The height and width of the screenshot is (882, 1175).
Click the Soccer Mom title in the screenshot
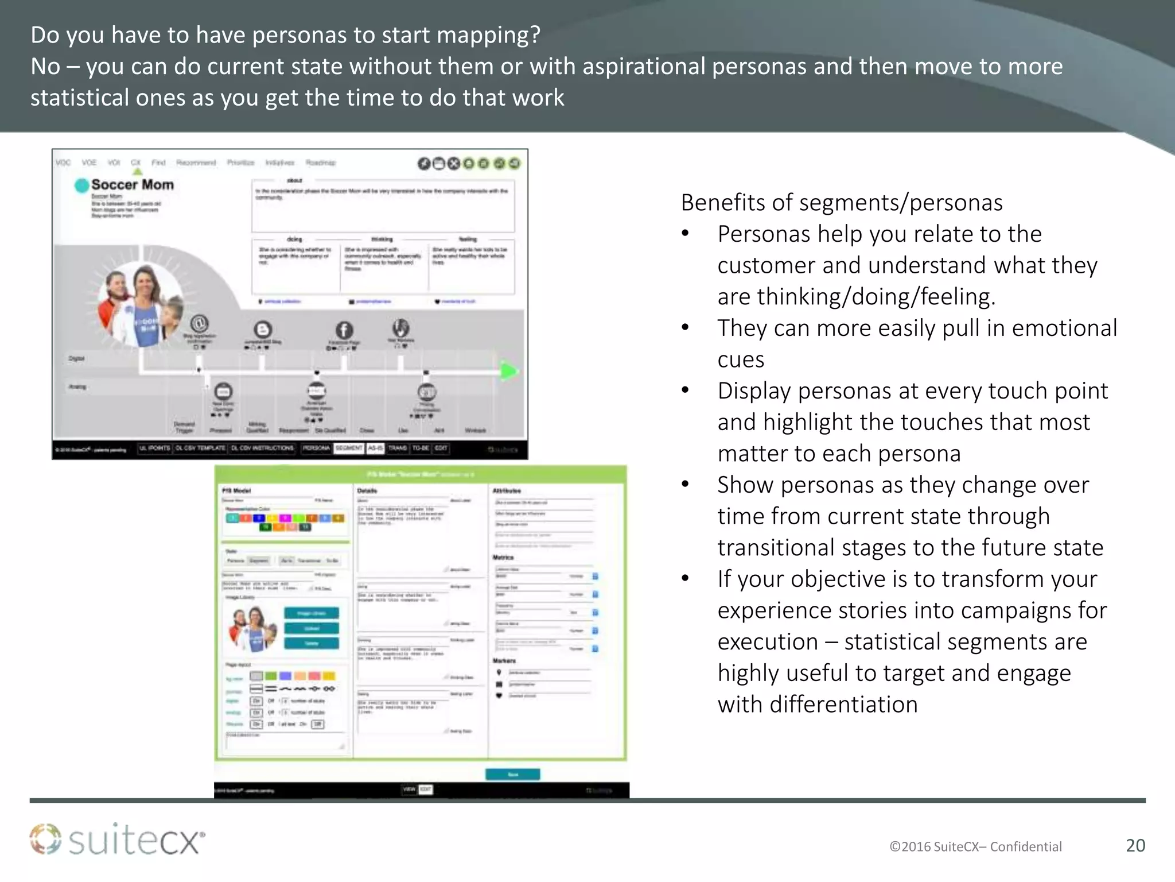click(x=132, y=184)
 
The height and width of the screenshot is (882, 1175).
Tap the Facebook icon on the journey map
click(x=344, y=330)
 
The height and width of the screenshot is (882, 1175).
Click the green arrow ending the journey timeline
click(x=508, y=371)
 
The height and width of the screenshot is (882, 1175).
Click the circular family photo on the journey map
click(x=141, y=304)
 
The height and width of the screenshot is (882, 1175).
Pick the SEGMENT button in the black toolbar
click(x=349, y=448)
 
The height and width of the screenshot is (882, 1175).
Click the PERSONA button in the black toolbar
click(x=316, y=448)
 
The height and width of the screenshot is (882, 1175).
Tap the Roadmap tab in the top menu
click(x=320, y=163)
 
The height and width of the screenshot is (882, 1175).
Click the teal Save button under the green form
click(x=512, y=774)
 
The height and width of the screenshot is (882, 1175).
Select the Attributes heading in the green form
click(x=507, y=491)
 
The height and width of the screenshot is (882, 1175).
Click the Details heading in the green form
click(x=367, y=491)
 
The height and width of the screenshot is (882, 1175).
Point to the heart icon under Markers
click(x=499, y=695)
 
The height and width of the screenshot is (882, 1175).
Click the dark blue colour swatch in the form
click(x=259, y=518)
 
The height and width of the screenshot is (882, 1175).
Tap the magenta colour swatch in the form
click(x=285, y=518)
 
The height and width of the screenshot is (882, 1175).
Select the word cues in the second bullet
click(x=741, y=359)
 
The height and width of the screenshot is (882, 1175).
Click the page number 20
click(x=1135, y=845)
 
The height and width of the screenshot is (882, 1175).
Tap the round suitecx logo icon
click(x=45, y=839)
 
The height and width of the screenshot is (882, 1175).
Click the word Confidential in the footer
click(x=1026, y=846)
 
